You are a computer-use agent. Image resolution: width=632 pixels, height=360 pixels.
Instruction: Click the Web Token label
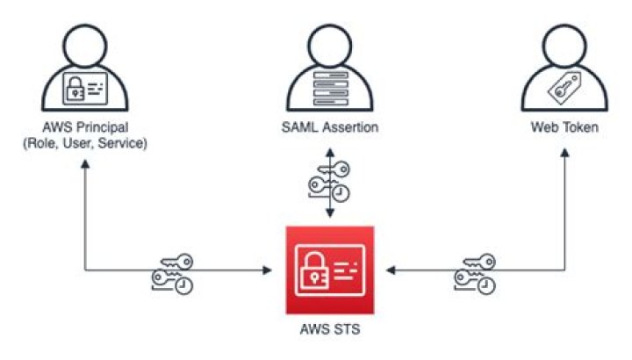[x=564, y=128]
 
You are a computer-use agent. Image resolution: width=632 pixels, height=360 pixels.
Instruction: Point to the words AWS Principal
[x=84, y=128]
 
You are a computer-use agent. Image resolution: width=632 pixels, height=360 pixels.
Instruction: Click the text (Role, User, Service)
[x=84, y=143]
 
